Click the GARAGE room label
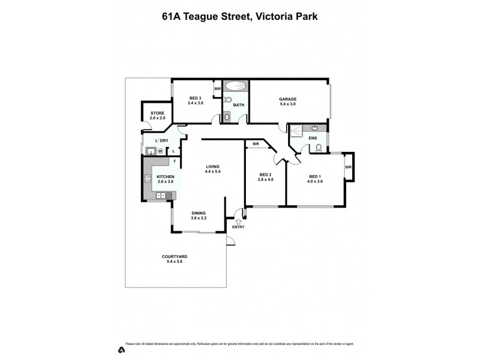(287, 99)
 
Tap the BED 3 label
(196, 98)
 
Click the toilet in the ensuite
(319, 147)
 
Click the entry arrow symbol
(238, 221)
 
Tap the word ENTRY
(238, 227)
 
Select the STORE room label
(157, 113)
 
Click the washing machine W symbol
(160, 151)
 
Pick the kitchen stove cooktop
(147, 178)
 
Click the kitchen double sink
(161, 196)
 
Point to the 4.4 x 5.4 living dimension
(213, 172)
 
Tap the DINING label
(199, 213)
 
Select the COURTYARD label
(174, 257)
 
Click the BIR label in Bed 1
(348, 167)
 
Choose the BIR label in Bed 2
(256, 144)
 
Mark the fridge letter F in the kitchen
(175, 161)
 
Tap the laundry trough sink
(150, 151)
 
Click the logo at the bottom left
(121, 349)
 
